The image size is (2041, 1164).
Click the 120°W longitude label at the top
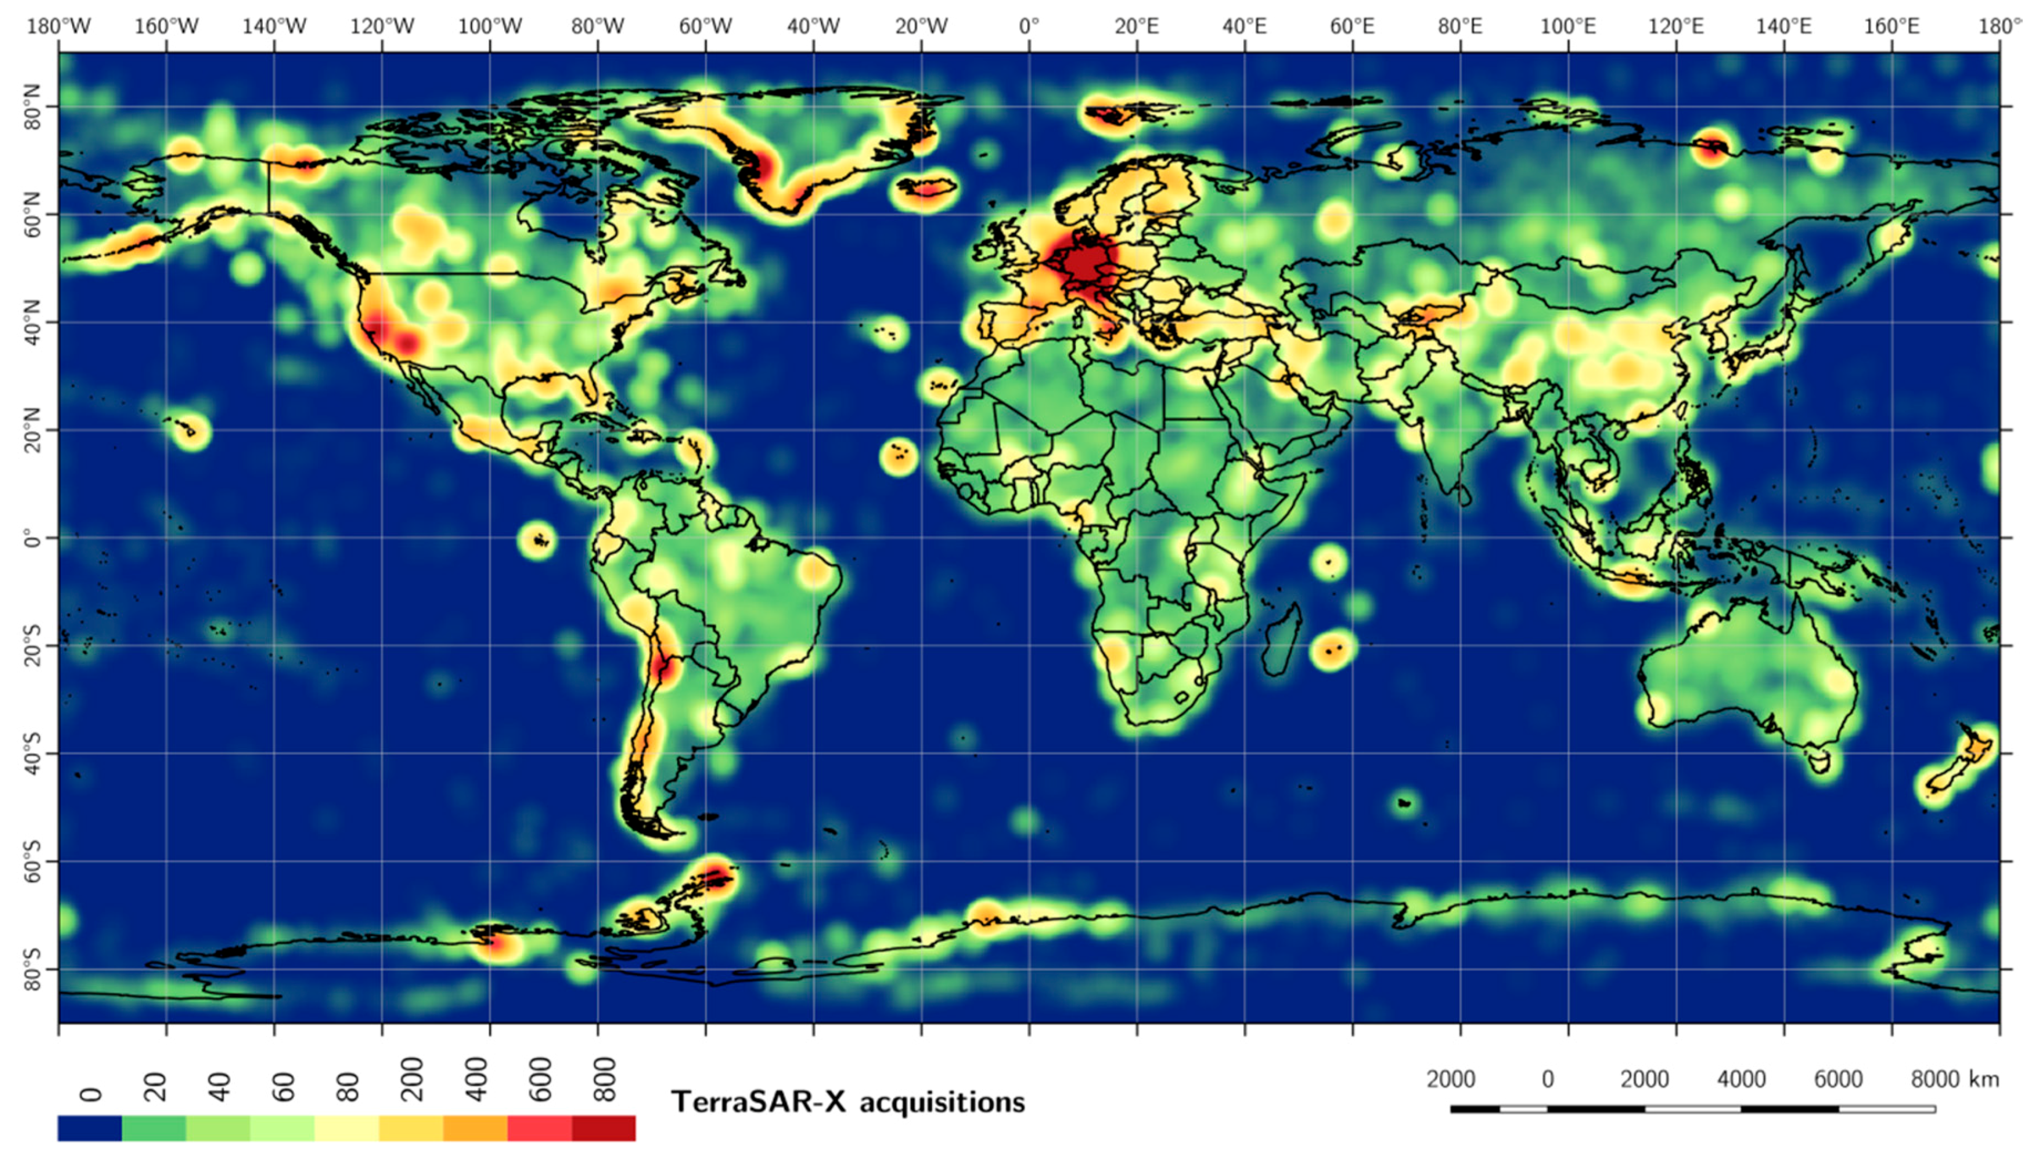click(x=382, y=26)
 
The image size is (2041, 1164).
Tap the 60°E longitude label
click(x=1352, y=26)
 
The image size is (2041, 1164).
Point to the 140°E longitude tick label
click(x=1784, y=26)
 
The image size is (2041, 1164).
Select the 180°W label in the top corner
click(x=58, y=26)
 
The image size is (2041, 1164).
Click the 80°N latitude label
click(x=33, y=106)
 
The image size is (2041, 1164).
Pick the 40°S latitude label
click(x=33, y=753)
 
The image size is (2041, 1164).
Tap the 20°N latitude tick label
click(x=33, y=430)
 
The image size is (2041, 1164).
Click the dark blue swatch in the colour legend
click(x=90, y=1128)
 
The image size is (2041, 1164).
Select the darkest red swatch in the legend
click(x=604, y=1128)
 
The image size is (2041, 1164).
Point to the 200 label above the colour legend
click(x=412, y=1079)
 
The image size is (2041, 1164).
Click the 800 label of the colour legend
click(x=606, y=1079)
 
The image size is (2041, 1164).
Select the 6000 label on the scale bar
click(x=1837, y=1079)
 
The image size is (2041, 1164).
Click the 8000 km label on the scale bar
click(x=1954, y=1079)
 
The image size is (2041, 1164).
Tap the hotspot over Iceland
click(x=926, y=189)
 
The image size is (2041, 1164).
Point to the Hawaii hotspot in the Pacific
click(x=190, y=432)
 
